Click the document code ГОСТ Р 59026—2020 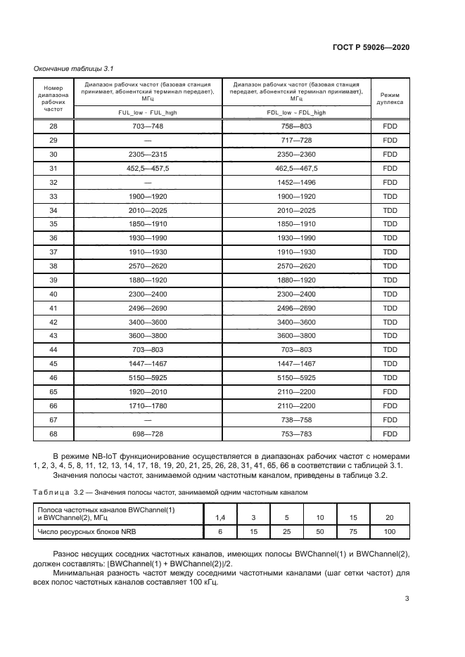pyautogui.click(x=371, y=47)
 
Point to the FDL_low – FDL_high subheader pyautogui.click(x=296, y=112)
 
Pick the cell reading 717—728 pyautogui.click(x=296, y=140)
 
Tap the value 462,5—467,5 pyautogui.click(x=296, y=169)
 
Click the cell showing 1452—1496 pyautogui.click(x=296, y=182)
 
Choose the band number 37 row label pyautogui.click(x=53, y=252)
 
